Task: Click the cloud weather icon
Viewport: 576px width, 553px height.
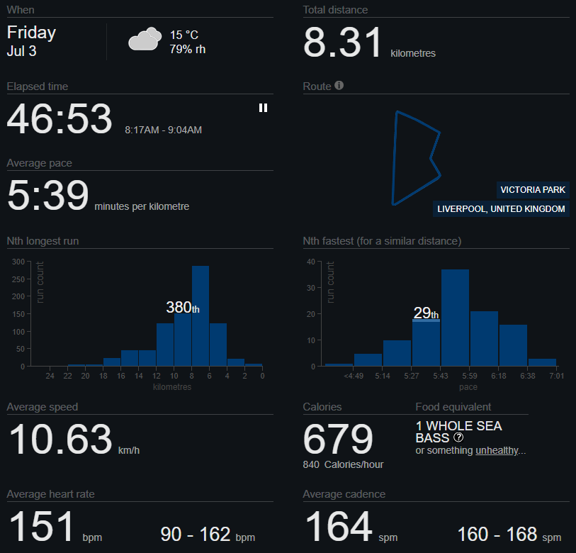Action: tap(145, 38)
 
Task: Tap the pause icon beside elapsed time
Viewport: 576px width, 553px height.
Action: tap(263, 108)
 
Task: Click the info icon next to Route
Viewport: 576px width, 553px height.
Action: tap(339, 85)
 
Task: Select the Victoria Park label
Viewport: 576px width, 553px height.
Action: tap(533, 190)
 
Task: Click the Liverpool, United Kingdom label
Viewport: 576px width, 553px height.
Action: tap(501, 209)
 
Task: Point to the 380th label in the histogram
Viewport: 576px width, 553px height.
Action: tap(183, 308)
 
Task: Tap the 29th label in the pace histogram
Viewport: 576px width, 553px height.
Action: tap(426, 313)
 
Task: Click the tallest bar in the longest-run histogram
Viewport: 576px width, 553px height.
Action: tap(201, 315)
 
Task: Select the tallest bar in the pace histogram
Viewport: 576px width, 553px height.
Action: tap(455, 318)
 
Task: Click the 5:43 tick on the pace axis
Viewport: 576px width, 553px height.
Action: tap(440, 376)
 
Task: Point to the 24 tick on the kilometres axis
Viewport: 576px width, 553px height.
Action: tap(50, 376)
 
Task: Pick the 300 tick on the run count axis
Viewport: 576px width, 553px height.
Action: tap(18, 262)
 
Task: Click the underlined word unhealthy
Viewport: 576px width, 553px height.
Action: tap(497, 450)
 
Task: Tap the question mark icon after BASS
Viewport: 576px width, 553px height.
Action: tap(458, 437)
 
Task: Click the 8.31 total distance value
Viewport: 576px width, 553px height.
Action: tap(342, 43)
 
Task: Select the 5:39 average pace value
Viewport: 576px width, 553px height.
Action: tap(47, 195)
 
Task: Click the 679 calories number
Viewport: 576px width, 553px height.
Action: tap(338, 439)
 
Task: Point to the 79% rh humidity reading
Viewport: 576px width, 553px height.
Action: tap(187, 49)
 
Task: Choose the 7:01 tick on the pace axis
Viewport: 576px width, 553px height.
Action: tap(557, 376)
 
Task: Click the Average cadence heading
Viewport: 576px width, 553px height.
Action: tap(344, 494)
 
